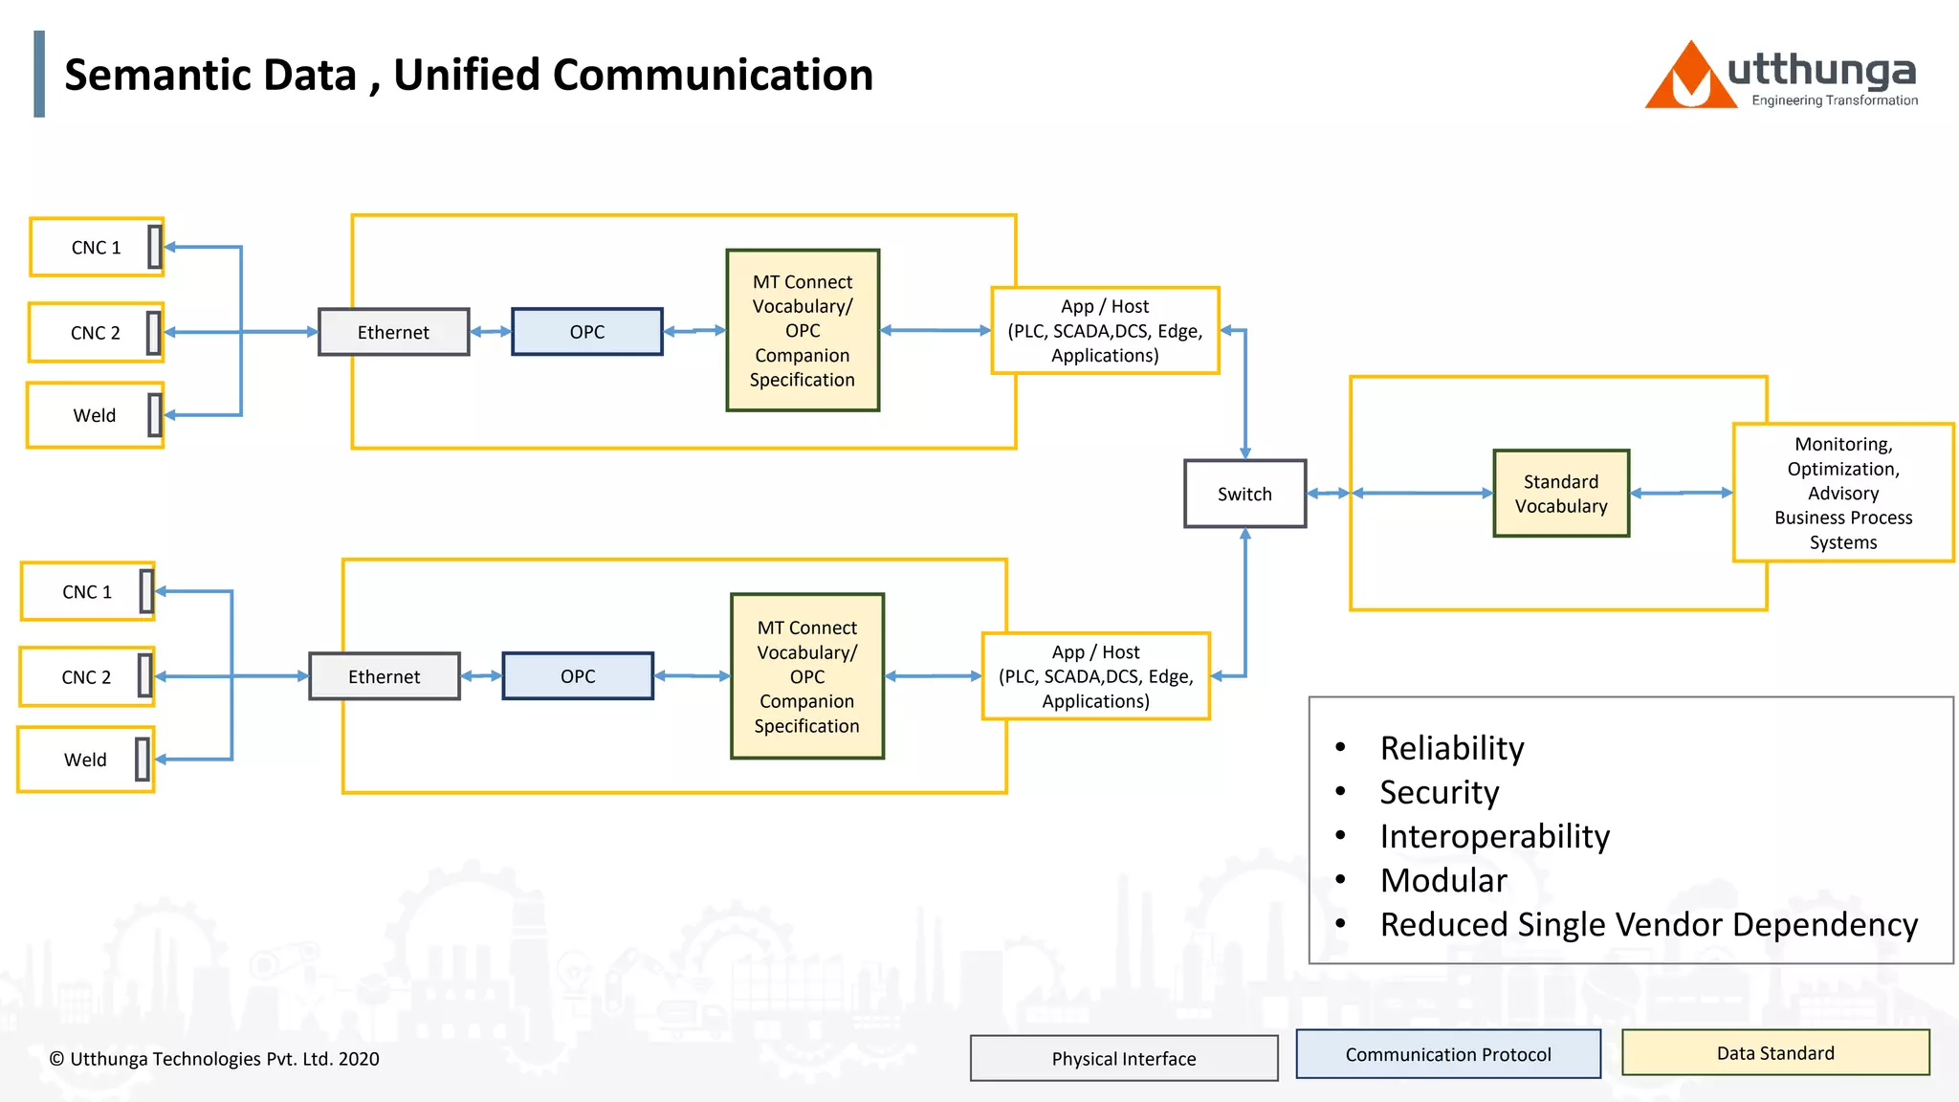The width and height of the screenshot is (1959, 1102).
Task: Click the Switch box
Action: pyautogui.click(x=1244, y=494)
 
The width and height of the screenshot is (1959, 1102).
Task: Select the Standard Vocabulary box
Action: pyautogui.click(x=1560, y=494)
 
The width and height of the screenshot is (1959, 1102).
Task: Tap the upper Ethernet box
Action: pyautogui.click(x=393, y=332)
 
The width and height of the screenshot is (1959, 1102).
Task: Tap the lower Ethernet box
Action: pyautogui.click(x=384, y=676)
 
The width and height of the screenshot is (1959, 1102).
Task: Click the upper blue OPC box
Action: pyautogui.click(x=586, y=332)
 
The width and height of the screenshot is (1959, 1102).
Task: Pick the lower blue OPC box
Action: pyautogui.click(x=577, y=676)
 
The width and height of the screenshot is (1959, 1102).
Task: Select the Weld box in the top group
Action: pyautogui.click(x=94, y=415)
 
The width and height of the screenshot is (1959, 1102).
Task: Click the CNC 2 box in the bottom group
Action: pyautogui.click(x=86, y=677)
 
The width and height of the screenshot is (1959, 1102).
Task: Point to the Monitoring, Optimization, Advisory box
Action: pyautogui.click(x=1842, y=493)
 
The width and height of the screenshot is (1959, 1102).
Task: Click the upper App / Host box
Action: pyautogui.click(x=1105, y=331)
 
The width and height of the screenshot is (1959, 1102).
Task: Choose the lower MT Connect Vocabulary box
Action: pyautogui.click(x=806, y=676)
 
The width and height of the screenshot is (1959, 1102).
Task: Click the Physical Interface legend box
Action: pyautogui.click(x=1123, y=1058)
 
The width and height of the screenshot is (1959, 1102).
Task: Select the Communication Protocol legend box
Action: pyautogui.click(x=1447, y=1054)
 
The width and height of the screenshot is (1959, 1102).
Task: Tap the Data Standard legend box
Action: pyautogui.click(x=1775, y=1053)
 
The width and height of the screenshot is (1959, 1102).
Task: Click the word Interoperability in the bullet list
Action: pyautogui.click(x=1494, y=836)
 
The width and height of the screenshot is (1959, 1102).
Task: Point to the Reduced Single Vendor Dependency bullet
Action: pyautogui.click(x=1648, y=924)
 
